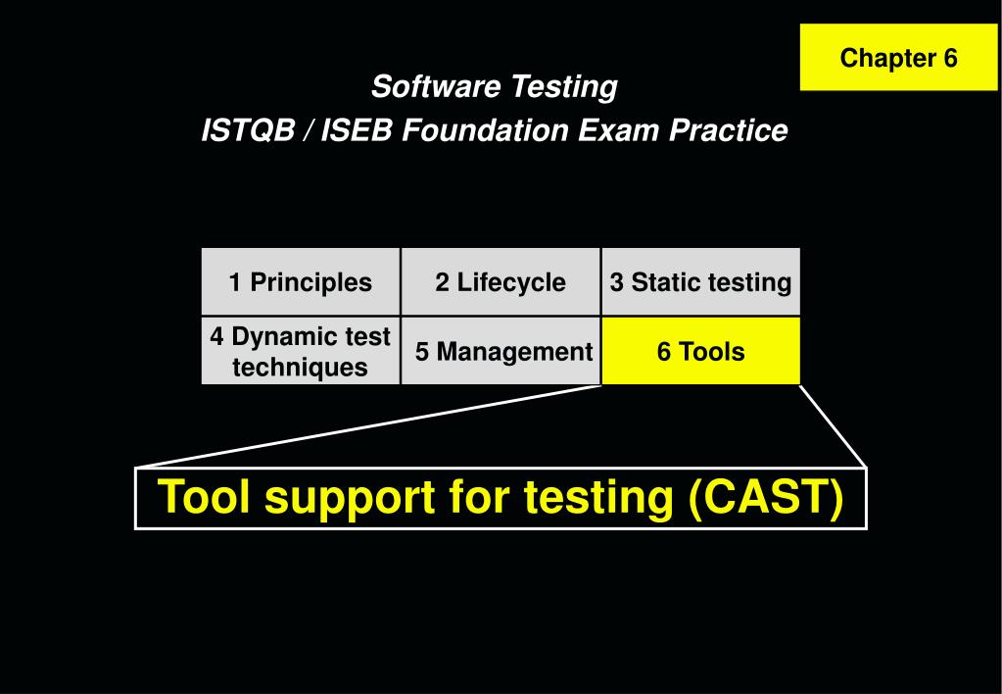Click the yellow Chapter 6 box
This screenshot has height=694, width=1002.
coord(898,58)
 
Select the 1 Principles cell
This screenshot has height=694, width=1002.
coord(300,282)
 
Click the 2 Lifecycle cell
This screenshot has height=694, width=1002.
coord(501,282)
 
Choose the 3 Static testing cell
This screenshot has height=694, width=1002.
coord(700,282)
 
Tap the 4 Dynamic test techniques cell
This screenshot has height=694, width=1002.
coord(300,352)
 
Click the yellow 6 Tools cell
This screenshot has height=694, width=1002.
coord(700,352)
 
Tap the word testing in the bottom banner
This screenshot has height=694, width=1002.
coord(597,497)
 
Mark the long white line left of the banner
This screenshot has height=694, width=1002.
coord(367,426)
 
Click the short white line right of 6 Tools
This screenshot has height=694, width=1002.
coord(834,425)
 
